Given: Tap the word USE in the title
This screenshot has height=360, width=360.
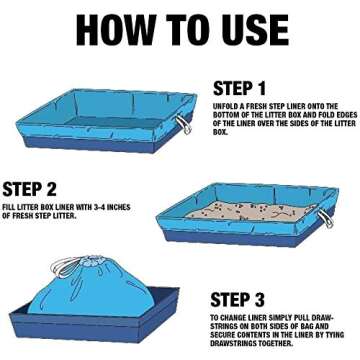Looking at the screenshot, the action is pyautogui.click(x=254, y=30).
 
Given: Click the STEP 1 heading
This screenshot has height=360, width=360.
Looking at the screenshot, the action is pyautogui.click(x=239, y=88).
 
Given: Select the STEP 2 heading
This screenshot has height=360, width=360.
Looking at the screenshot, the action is pyautogui.click(x=29, y=189).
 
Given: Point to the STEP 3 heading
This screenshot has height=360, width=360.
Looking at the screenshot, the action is pyautogui.click(x=237, y=300).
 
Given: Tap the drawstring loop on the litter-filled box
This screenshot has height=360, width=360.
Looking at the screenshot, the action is pyautogui.click(x=325, y=218).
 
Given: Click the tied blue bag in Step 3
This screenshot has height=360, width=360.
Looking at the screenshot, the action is pyautogui.click(x=91, y=289).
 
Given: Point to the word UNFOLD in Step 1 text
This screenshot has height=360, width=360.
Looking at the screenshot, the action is pyautogui.click(x=225, y=106).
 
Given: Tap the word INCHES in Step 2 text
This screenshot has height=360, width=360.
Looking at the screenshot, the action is pyautogui.click(x=120, y=208).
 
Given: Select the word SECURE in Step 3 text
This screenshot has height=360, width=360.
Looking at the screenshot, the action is pyautogui.click(x=223, y=335).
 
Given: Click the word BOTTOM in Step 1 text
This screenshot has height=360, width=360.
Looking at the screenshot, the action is pyautogui.click(x=225, y=115).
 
